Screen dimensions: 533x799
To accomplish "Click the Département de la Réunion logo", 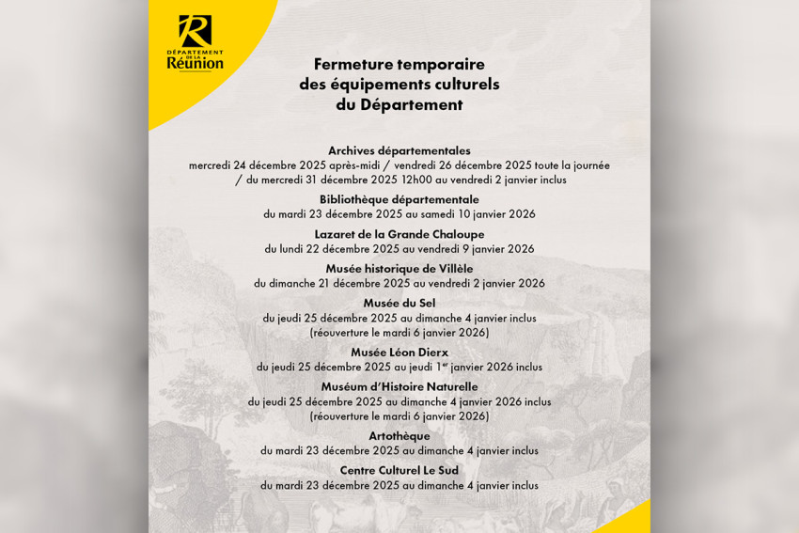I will point(195,43).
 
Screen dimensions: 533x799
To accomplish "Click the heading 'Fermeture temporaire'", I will point(399,64).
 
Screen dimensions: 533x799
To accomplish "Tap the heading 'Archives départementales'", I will point(399,150).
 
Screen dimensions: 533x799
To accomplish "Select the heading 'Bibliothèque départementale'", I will point(399,199).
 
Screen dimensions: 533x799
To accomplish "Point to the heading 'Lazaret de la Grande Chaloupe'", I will point(399,234).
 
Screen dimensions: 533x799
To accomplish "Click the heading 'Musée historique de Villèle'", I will point(399,268).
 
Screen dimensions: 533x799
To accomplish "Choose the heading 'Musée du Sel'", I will point(399,303).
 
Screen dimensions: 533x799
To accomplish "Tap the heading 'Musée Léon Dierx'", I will point(399,353).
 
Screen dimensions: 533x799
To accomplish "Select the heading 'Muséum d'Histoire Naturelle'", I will point(399,386).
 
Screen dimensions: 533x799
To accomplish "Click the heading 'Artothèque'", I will point(399,435).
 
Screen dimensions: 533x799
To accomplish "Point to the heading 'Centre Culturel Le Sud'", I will point(399,470).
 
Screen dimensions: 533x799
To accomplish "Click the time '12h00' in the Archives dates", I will point(417,180).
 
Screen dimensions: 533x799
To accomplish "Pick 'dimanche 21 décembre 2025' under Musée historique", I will point(331,283).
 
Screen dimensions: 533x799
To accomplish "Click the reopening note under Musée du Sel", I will point(399,332).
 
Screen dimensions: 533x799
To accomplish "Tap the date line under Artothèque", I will point(399,450).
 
